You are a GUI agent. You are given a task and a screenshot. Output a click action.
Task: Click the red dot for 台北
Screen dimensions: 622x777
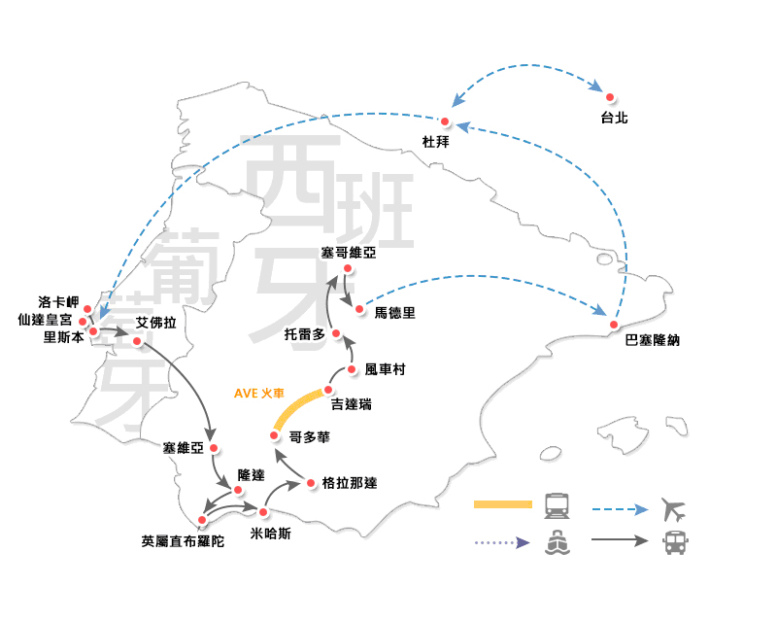tap(610, 97)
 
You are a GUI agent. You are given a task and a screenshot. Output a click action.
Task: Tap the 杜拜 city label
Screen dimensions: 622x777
tap(436, 142)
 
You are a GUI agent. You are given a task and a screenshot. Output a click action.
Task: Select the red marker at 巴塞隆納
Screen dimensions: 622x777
tap(615, 324)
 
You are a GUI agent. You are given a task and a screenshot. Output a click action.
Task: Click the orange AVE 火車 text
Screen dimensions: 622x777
tap(259, 395)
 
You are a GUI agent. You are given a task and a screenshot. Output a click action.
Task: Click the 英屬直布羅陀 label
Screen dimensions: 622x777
tap(183, 541)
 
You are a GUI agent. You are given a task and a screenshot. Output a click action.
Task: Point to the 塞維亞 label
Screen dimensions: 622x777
tap(185, 448)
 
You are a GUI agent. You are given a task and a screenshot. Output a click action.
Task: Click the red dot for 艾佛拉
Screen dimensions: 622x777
tap(138, 341)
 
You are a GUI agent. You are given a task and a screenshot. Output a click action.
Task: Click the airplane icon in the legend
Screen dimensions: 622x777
tap(673, 508)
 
